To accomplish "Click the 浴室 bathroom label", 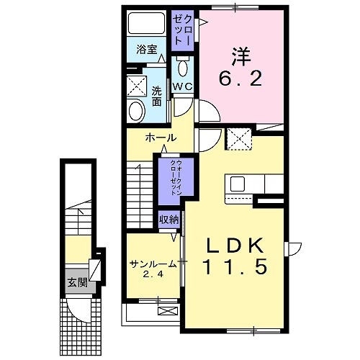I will coord(146,51).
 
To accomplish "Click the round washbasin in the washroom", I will coord(136,110).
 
